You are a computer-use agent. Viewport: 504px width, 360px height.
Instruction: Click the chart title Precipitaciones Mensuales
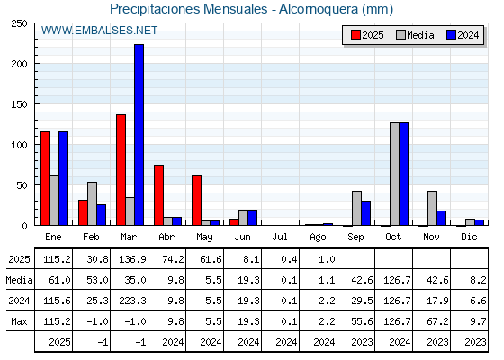[189, 9]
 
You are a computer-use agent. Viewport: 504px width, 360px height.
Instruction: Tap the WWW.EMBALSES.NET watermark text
[99, 31]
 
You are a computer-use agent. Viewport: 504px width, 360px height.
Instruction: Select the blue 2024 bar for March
[139, 135]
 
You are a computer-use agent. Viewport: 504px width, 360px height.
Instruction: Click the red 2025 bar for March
[121, 170]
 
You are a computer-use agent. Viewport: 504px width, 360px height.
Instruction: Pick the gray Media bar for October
[394, 174]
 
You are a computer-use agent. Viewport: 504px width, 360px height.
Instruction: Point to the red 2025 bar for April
[158, 195]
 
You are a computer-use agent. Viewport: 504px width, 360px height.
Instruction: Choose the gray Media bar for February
[92, 203]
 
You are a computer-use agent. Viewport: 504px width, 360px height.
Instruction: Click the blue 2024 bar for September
[365, 213]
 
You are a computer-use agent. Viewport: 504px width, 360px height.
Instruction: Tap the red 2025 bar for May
[197, 201]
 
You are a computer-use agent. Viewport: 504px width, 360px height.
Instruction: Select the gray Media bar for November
[432, 208]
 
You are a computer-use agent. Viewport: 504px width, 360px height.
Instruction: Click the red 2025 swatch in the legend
[355, 35]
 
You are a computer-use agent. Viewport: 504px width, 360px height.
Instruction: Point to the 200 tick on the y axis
[20, 64]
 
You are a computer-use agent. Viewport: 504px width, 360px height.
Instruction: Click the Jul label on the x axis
[280, 237]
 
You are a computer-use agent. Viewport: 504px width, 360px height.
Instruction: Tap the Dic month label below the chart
[469, 237]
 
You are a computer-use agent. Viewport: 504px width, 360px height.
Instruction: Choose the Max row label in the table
[19, 321]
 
